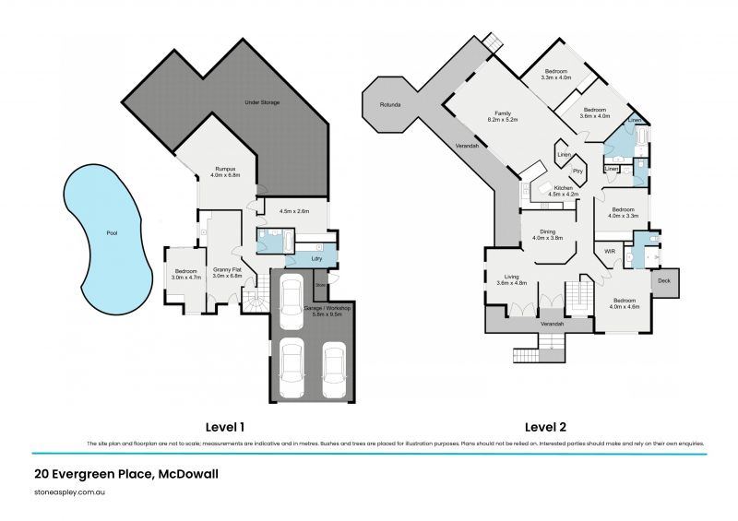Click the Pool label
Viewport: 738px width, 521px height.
click(113, 233)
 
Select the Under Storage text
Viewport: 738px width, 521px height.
click(262, 101)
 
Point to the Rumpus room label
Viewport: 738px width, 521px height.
click(227, 171)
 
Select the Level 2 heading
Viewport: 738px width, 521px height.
click(545, 427)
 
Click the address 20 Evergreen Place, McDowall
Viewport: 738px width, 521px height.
click(125, 475)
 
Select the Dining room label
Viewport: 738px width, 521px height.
click(547, 232)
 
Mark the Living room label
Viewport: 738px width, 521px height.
click(510, 277)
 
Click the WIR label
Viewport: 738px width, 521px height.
click(610, 250)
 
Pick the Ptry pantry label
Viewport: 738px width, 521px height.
click(578, 171)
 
